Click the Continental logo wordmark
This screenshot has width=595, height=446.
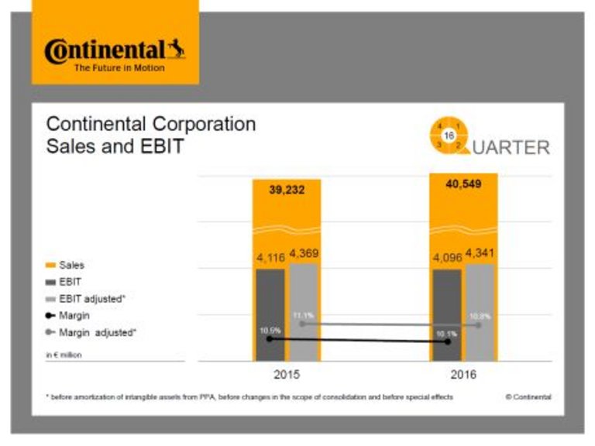coord(105,51)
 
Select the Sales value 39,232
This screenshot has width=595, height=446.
coord(286,190)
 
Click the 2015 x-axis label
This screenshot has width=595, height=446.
coord(286,375)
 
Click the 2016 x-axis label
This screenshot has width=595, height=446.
coord(463,375)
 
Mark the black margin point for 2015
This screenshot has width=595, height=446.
coord(270,338)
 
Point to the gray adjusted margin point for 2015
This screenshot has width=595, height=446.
coord(303,324)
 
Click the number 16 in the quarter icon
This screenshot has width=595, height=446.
coord(449,135)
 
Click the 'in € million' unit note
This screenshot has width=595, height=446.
coord(64,355)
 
